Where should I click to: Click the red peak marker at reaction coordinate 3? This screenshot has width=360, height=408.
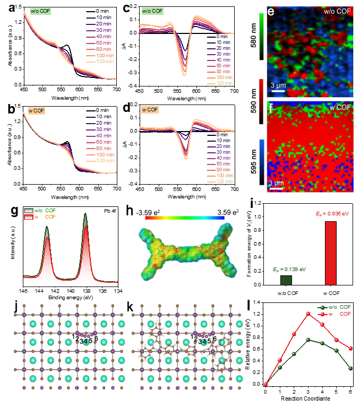pos(307,314)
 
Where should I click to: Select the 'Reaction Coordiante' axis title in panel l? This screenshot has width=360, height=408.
pos(307,405)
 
